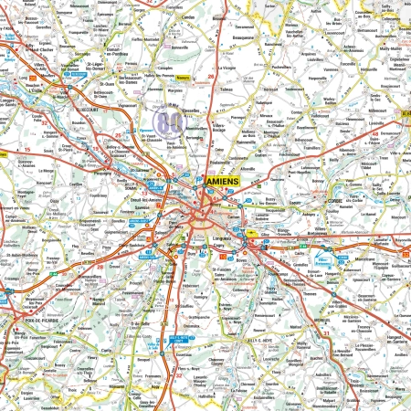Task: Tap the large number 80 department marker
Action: click(x=166, y=121)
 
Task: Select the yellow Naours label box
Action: click(x=183, y=78)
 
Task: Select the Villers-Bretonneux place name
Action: click(x=317, y=232)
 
